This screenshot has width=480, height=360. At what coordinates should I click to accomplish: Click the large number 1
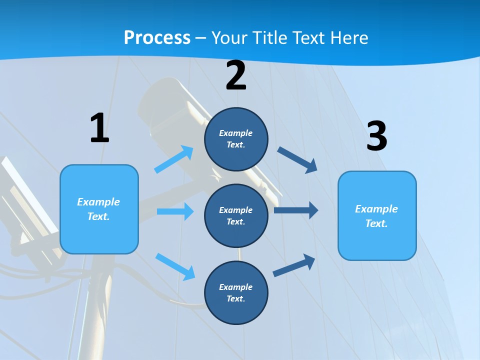tap(99, 128)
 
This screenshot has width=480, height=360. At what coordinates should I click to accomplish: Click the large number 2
tap(236, 75)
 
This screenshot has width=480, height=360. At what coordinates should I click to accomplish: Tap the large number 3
tap(376, 136)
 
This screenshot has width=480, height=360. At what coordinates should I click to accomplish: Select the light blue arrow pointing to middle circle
tap(175, 211)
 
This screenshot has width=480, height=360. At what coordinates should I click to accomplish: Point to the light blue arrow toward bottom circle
tap(175, 266)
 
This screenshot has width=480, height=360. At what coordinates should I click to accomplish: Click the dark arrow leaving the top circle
tap(297, 159)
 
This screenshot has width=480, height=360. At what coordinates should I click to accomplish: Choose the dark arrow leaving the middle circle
tap(296, 210)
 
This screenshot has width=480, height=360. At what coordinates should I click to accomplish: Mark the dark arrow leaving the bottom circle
tap(294, 265)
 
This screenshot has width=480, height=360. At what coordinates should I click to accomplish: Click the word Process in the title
tap(157, 37)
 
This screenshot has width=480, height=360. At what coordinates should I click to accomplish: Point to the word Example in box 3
tap(376, 209)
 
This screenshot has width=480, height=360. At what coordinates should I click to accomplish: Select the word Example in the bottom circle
tap(235, 287)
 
